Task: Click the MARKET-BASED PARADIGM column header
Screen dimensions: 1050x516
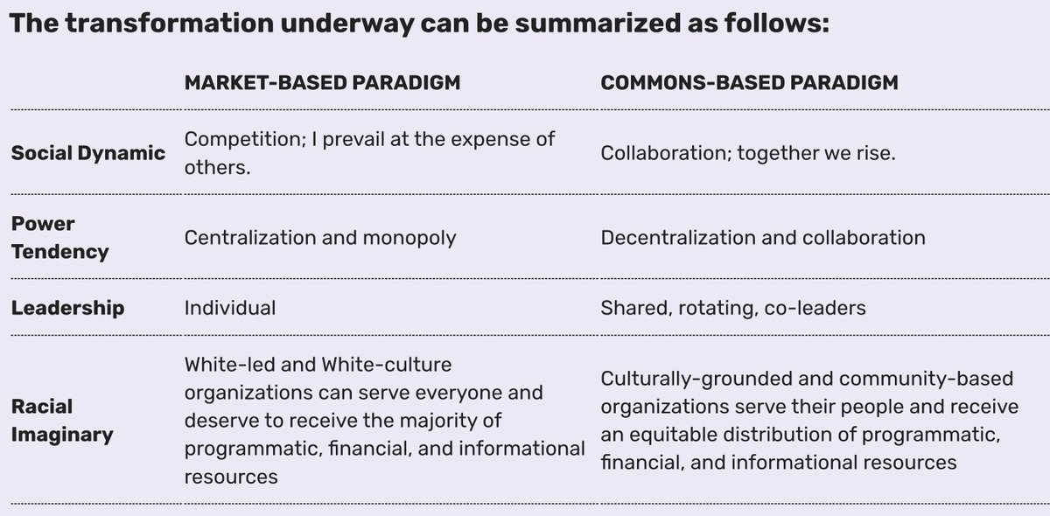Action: (323, 83)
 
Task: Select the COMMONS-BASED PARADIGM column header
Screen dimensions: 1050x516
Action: (750, 83)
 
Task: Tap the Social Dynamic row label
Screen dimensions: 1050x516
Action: (88, 154)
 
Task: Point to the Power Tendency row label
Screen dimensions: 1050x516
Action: (60, 238)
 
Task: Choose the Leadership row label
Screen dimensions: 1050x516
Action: (68, 308)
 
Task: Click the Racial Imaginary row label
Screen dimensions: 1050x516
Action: (62, 421)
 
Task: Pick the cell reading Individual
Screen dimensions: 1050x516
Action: (230, 308)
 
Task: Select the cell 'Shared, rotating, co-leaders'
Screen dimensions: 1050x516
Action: (733, 308)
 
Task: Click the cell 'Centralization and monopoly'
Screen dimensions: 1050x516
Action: (320, 238)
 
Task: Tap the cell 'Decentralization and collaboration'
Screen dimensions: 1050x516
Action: (763, 238)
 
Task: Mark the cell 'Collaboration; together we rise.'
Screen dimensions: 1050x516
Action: (748, 154)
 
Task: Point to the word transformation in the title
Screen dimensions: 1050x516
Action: (170, 23)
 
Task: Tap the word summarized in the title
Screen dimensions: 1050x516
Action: (598, 23)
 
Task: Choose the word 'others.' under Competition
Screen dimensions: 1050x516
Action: (218, 168)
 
